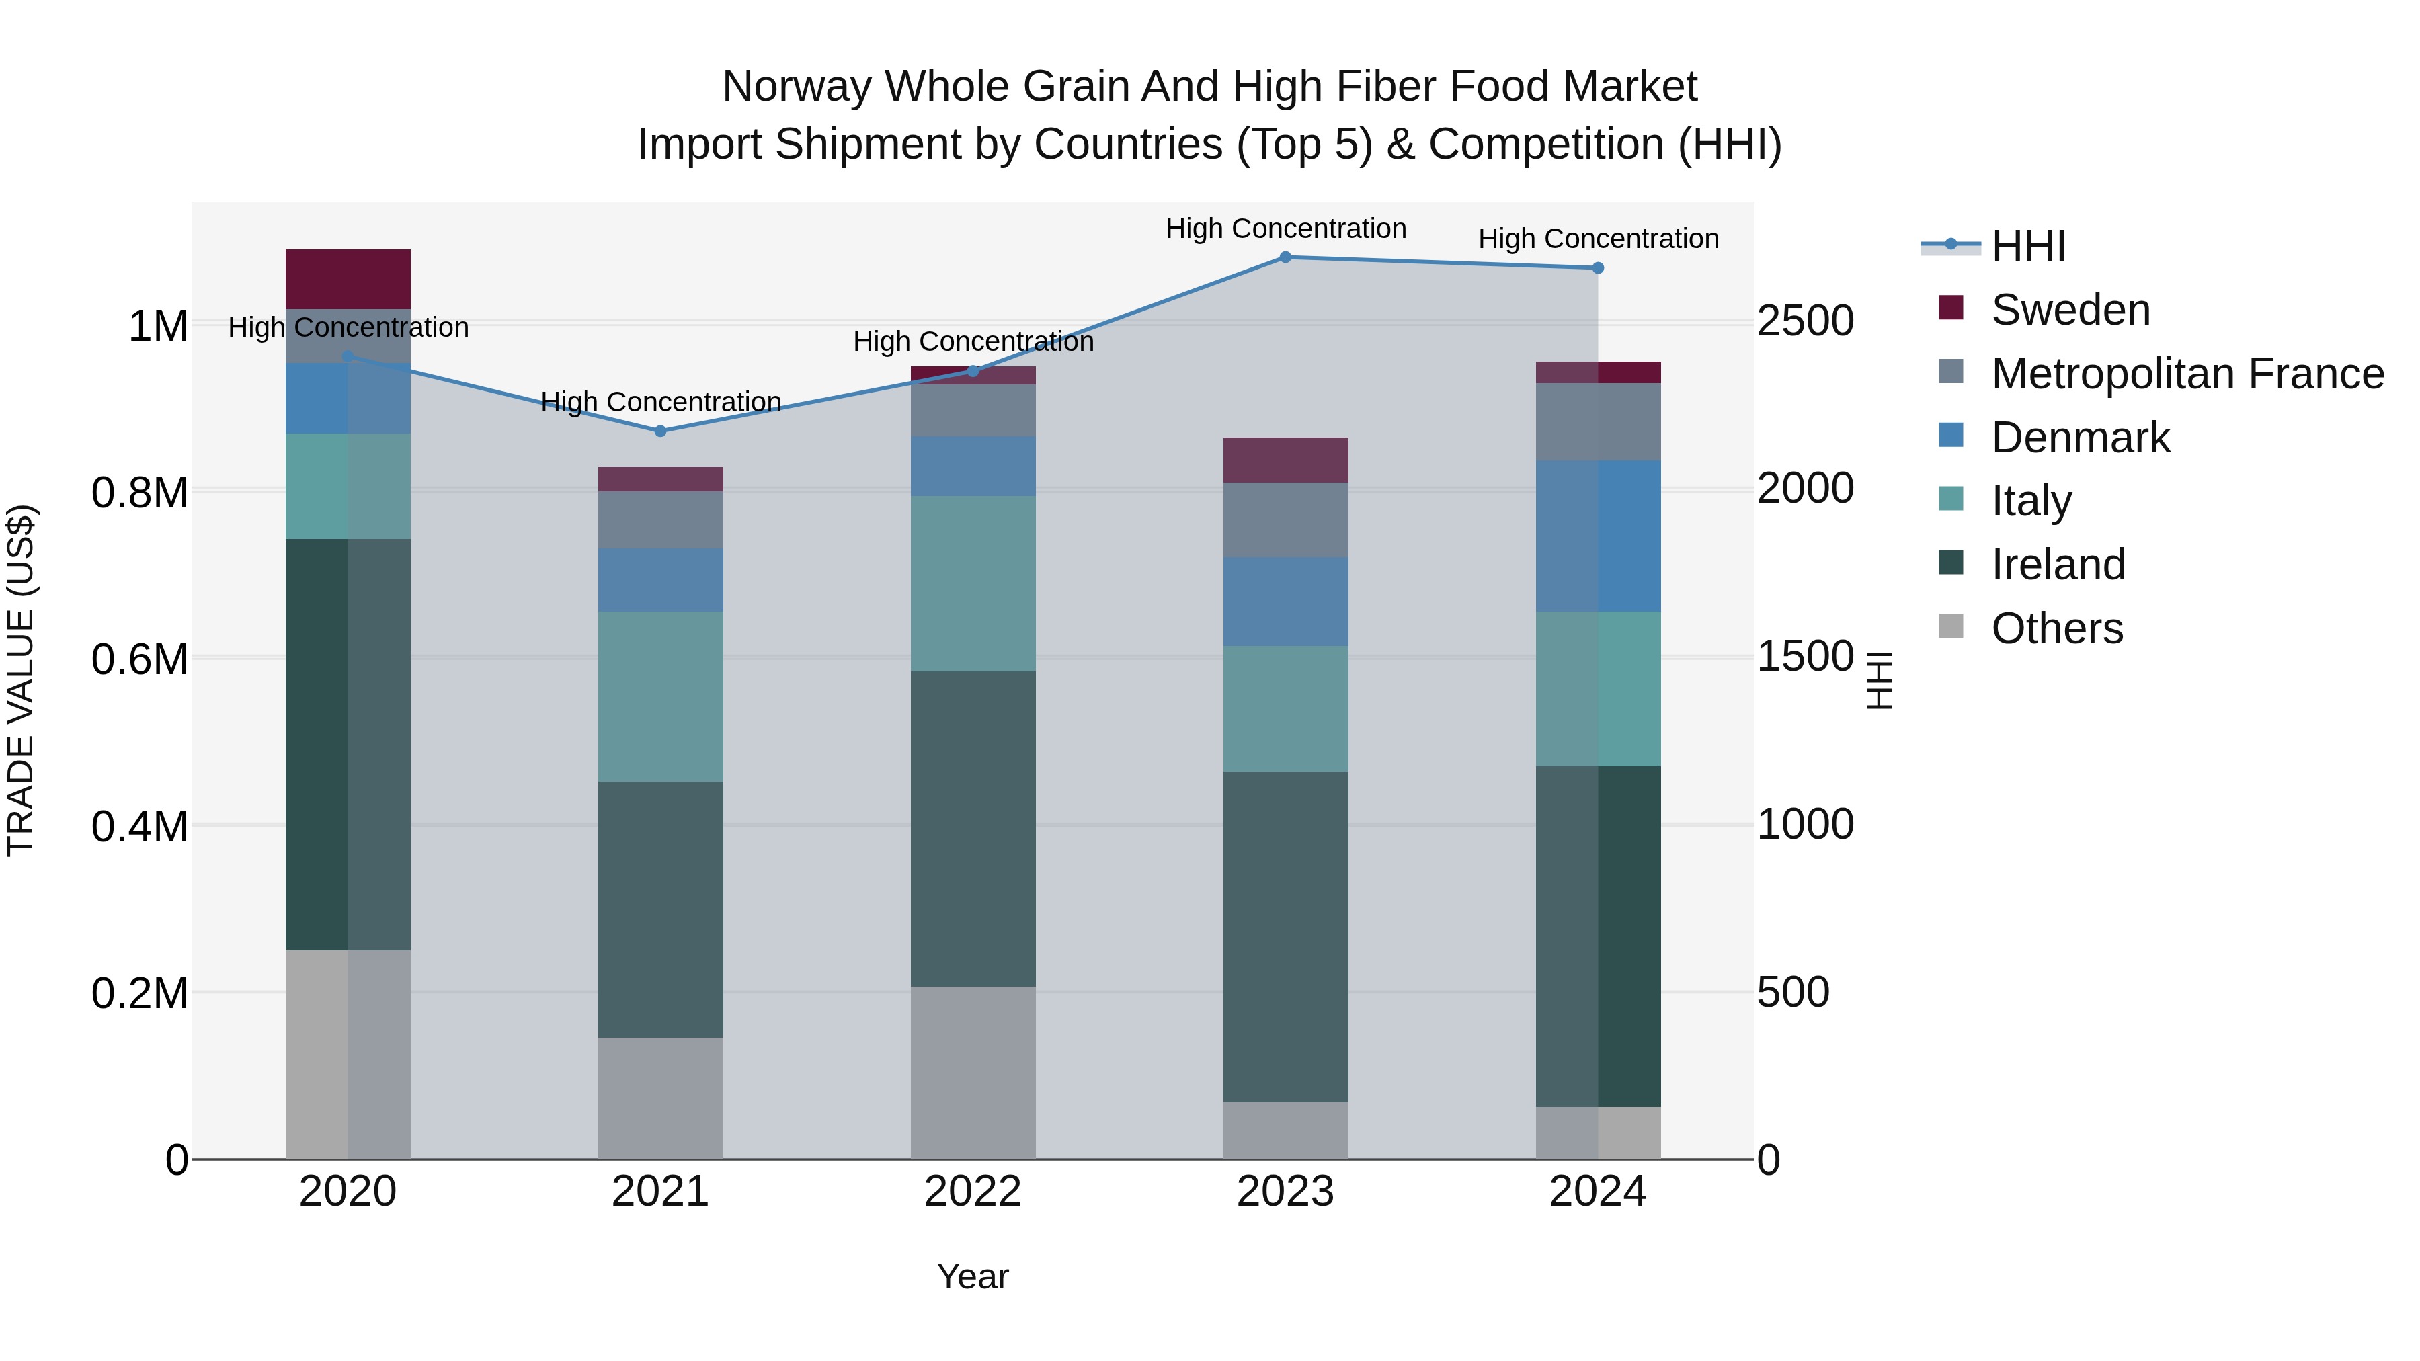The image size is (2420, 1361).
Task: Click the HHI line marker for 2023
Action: tap(1285, 257)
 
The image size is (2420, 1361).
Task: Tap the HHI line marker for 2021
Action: tap(660, 431)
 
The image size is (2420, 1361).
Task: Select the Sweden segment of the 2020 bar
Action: tap(348, 279)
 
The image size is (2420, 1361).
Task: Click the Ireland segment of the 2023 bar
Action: tap(1285, 936)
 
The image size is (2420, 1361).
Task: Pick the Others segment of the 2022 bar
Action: tap(973, 1072)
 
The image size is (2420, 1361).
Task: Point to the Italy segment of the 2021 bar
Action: tap(660, 696)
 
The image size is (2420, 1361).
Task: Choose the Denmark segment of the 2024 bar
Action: tap(1598, 536)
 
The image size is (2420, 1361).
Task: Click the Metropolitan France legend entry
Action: tap(2187, 374)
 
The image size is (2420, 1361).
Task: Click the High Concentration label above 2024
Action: tap(1598, 239)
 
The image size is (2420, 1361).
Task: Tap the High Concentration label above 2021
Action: tap(660, 402)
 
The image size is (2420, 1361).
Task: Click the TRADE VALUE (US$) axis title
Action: tap(21, 680)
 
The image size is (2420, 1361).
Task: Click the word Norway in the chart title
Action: tap(796, 87)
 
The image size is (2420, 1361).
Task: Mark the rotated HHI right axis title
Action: tap(1878, 680)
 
